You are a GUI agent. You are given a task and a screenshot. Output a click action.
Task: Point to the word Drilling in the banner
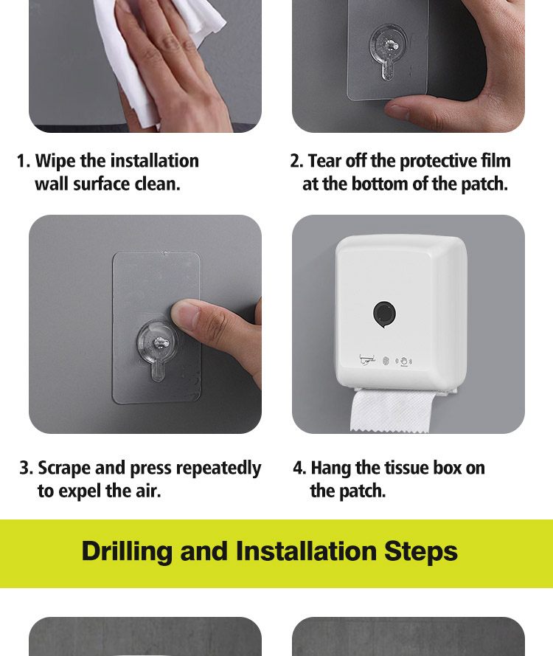[x=127, y=552]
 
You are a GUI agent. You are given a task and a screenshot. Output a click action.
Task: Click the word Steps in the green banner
[x=420, y=552]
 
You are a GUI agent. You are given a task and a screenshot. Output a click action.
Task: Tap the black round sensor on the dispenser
[x=384, y=314]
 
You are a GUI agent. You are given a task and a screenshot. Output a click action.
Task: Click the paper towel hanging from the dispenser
[x=392, y=412]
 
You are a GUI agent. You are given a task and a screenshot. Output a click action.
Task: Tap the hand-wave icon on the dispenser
[x=404, y=362]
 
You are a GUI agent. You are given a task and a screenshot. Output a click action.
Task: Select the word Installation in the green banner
[x=306, y=552]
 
